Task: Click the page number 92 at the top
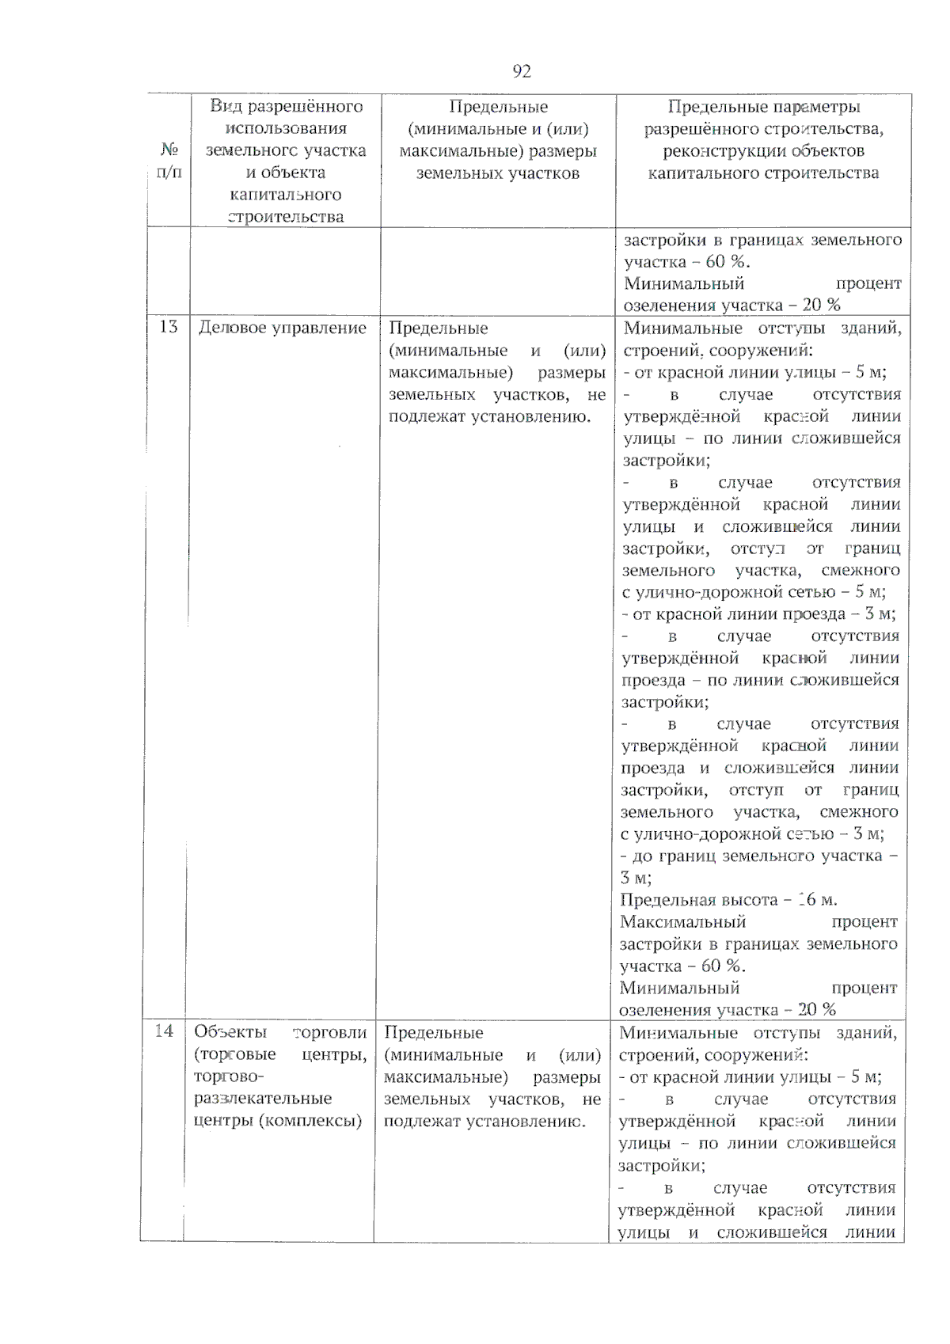[x=522, y=71]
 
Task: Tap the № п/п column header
[x=169, y=161]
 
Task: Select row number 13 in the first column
[x=168, y=327]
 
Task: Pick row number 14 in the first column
[x=163, y=1031]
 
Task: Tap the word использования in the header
[x=286, y=128]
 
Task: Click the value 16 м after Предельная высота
[x=817, y=900]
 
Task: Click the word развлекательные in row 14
[x=263, y=1099]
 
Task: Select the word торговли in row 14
[x=330, y=1032]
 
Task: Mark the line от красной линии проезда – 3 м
[x=758, y=614]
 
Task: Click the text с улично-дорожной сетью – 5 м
[x=754, y=592]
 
